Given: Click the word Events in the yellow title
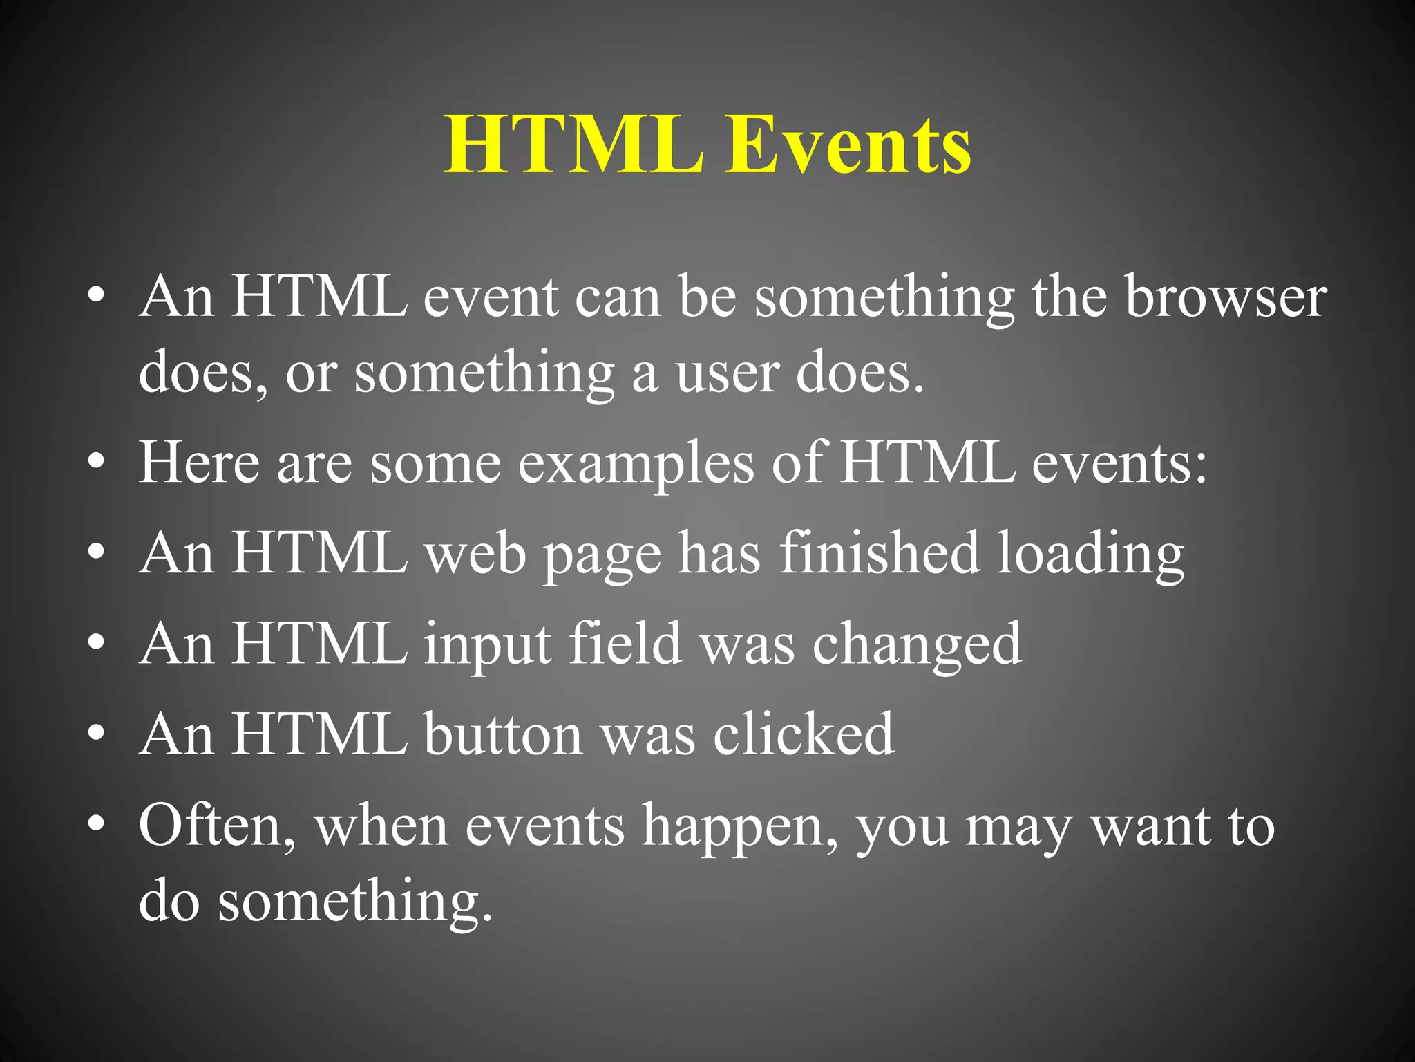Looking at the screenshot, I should click(x=848, y=145).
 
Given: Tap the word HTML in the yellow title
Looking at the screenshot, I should click(x=573, y=145).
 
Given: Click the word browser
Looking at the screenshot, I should click(x=1226, y=297).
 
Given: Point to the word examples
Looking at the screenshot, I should click(x=636, y=463).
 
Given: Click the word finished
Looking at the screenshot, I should click(x=880, y=553).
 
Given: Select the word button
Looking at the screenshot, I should click(x=503, y=734).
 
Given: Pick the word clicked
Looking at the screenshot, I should click(x=804, y=734).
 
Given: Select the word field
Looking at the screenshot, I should click(x=625, y=643).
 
